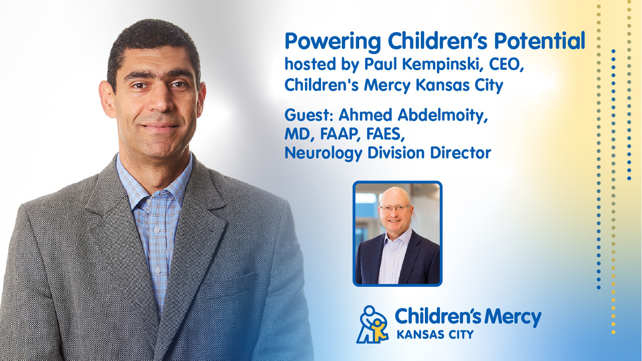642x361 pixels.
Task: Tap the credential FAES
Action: [x=386, y=134]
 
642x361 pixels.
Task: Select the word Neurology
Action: [x=324, y=153]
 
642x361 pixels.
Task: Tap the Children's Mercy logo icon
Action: [x=372, y=324]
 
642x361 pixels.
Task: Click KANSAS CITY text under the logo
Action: [x=435, y=334]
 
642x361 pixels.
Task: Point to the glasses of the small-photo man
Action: [x=396, y=208]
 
